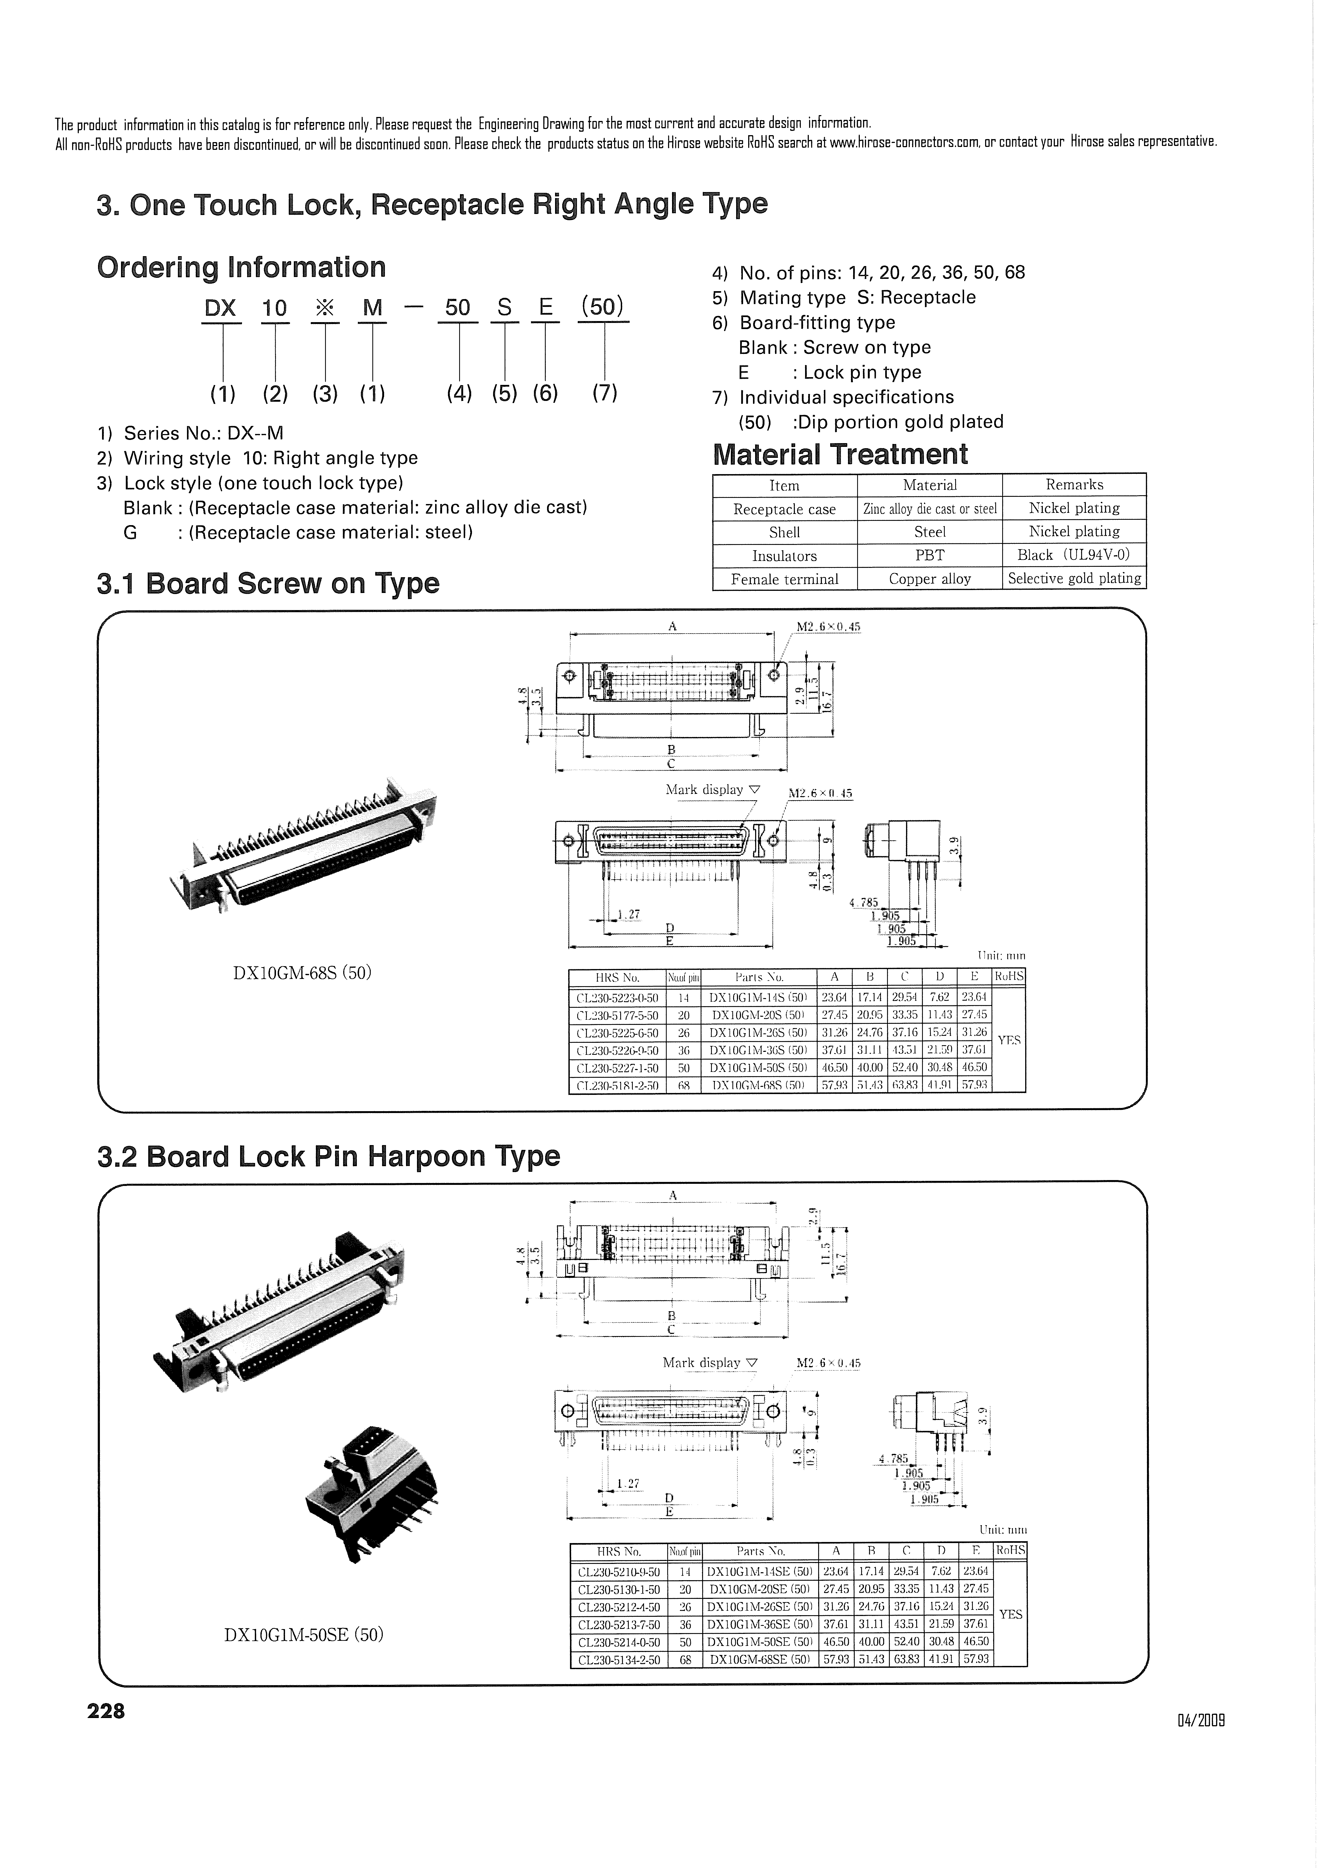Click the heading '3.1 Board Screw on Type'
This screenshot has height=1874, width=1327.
pos(268,584)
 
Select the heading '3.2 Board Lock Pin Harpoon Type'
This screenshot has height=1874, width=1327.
pos(329,1157)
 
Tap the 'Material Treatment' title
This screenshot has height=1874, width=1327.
pos(840,454)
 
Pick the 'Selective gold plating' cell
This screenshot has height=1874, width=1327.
pos(1074,578)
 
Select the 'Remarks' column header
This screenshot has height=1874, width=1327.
pos(1074,485)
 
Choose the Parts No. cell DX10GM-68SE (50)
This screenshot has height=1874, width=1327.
pos(760,1660)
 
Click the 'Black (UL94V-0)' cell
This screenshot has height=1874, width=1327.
pos(1074,556)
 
